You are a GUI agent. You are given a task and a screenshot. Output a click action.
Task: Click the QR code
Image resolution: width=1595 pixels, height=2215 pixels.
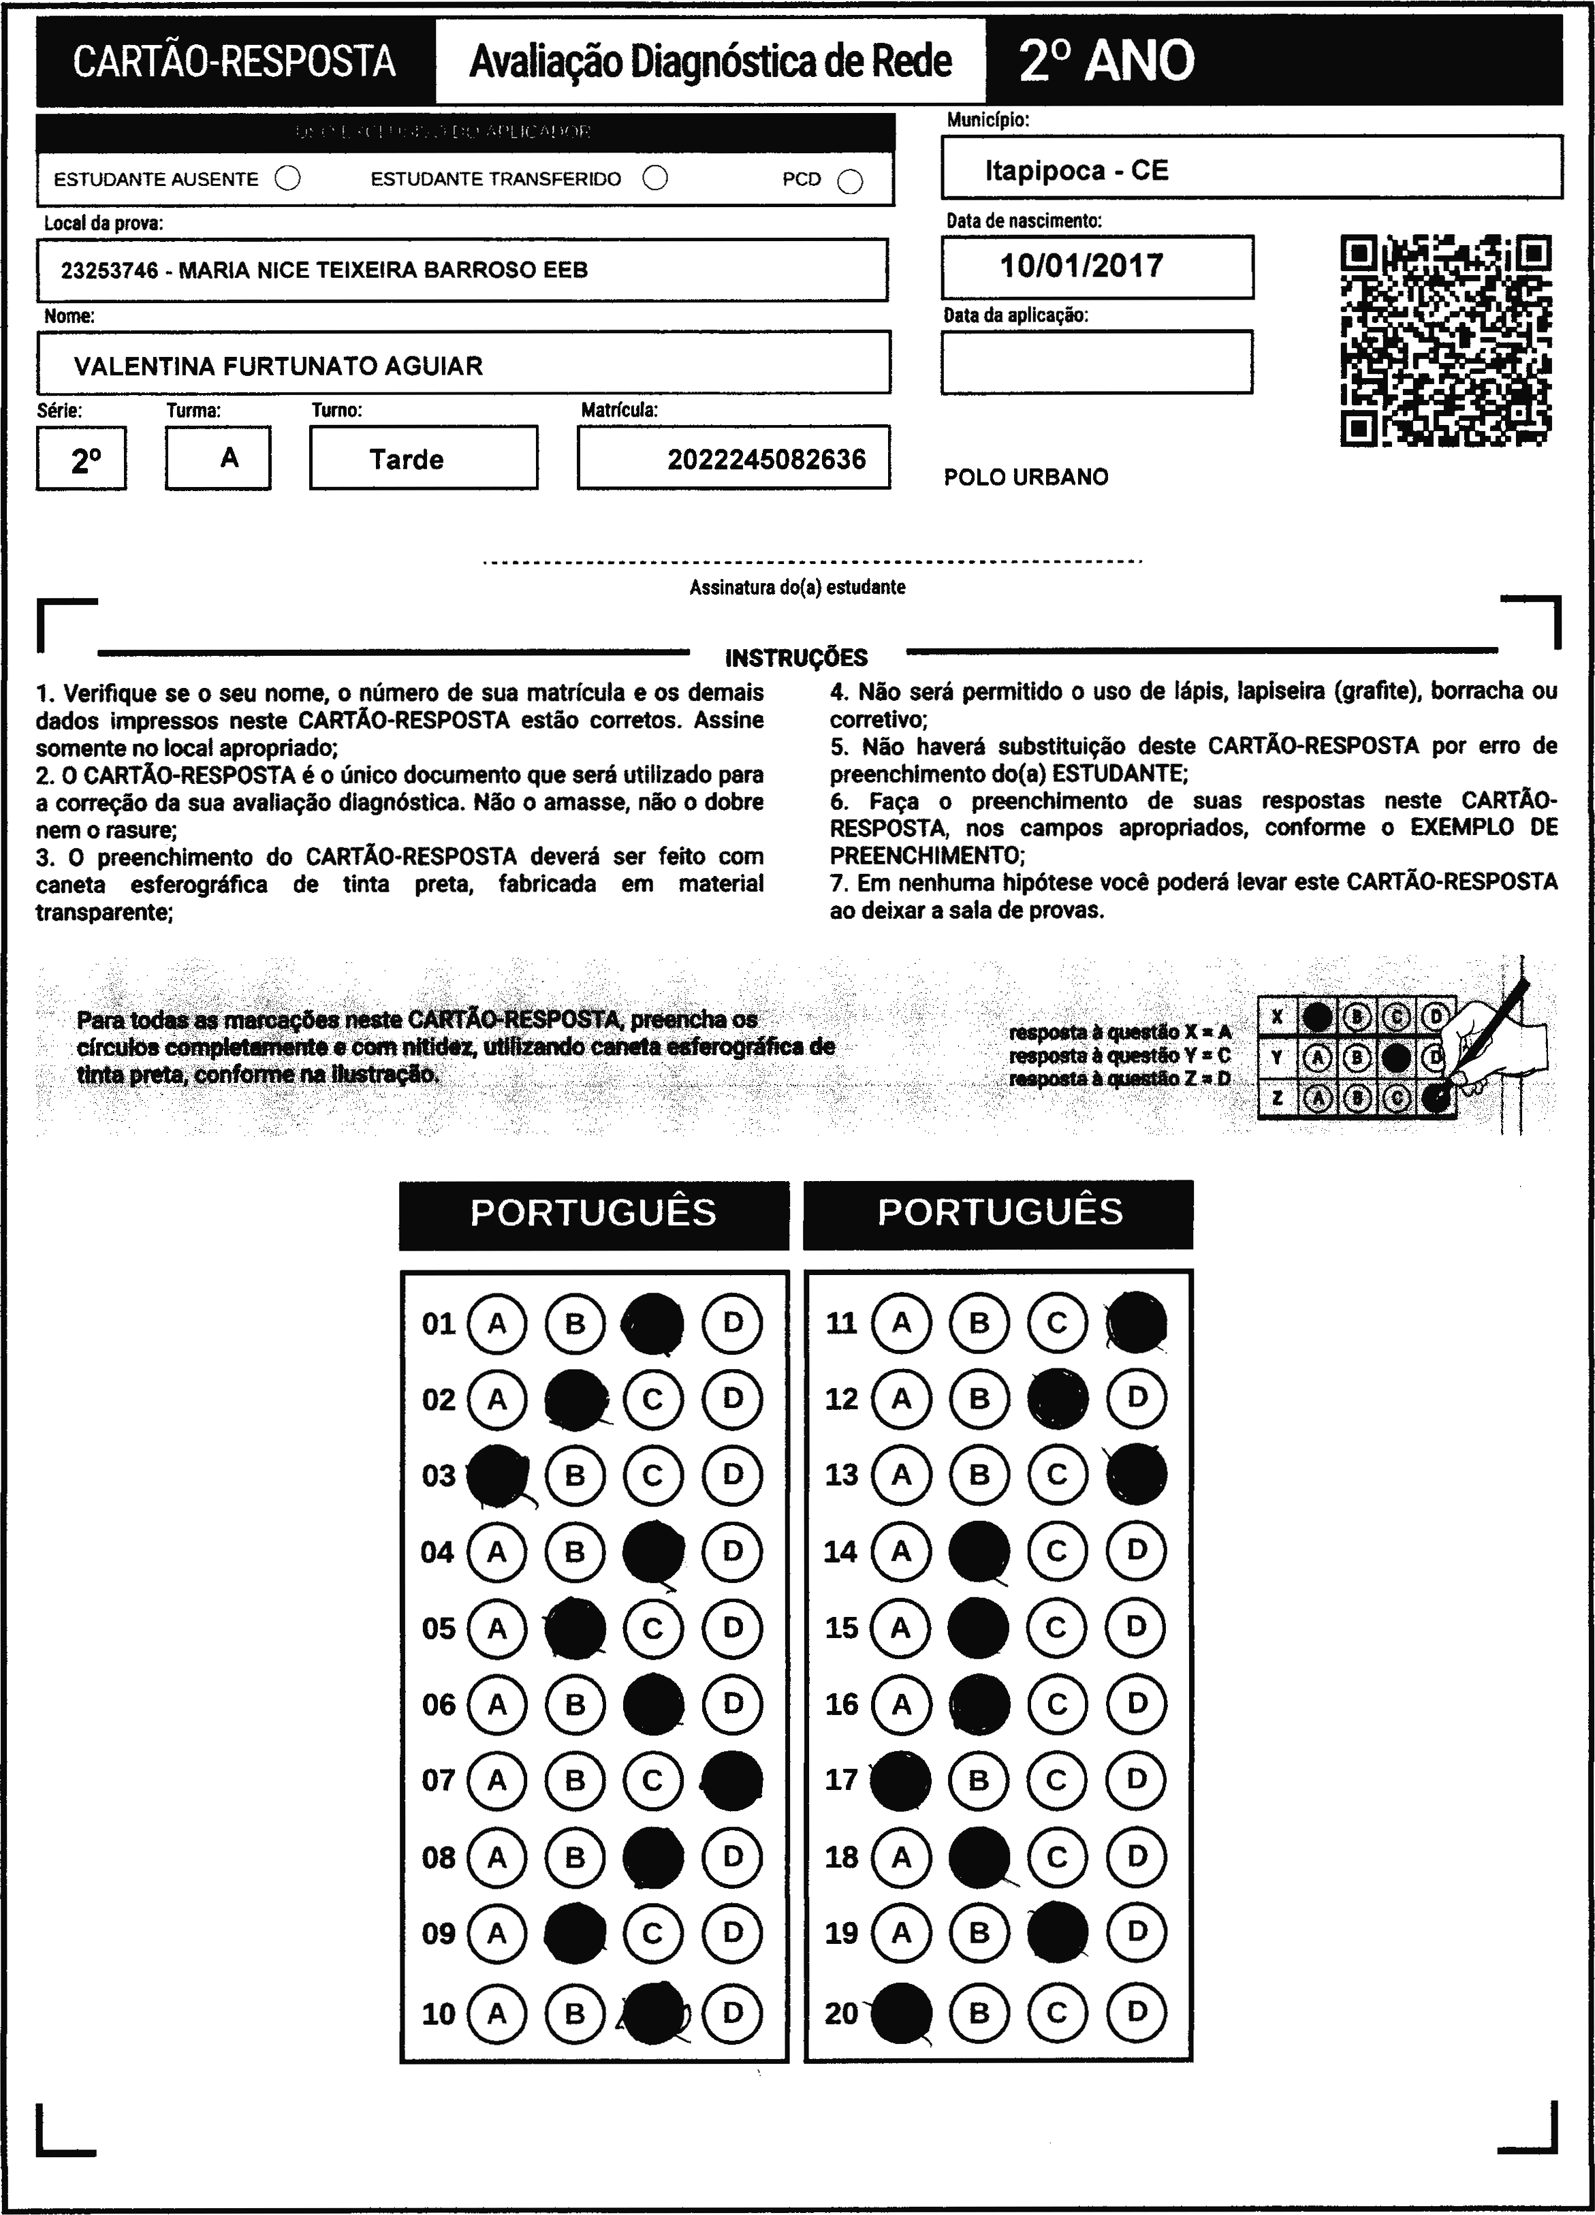(1446, 340)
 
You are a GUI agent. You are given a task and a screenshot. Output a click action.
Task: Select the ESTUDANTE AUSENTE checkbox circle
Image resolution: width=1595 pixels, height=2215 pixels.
(288, 178)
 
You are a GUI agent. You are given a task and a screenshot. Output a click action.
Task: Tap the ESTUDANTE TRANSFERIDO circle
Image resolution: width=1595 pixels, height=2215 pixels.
(655, 178)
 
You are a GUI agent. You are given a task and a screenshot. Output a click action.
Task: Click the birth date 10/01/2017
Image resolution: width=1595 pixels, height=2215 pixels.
(1081, 266)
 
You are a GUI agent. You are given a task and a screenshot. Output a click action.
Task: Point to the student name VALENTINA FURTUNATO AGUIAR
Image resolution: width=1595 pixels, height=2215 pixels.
(279, 366)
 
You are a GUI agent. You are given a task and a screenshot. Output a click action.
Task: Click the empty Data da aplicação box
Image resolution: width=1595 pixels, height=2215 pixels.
(1096, 362)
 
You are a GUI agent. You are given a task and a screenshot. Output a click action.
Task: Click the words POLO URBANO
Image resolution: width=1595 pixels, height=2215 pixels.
(1026, 477)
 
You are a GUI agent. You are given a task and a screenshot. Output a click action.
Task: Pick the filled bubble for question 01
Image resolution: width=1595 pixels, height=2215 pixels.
(652, 1323)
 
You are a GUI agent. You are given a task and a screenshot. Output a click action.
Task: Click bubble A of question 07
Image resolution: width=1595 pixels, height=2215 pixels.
(497, 1780)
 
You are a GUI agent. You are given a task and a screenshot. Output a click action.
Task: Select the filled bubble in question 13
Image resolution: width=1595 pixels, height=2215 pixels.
(1136, 1474)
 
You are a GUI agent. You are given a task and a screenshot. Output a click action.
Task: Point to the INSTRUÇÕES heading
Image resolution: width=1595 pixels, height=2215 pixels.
(796, 657)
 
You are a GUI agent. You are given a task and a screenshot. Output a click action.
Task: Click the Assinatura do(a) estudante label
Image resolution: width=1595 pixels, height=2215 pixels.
(797, 588)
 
